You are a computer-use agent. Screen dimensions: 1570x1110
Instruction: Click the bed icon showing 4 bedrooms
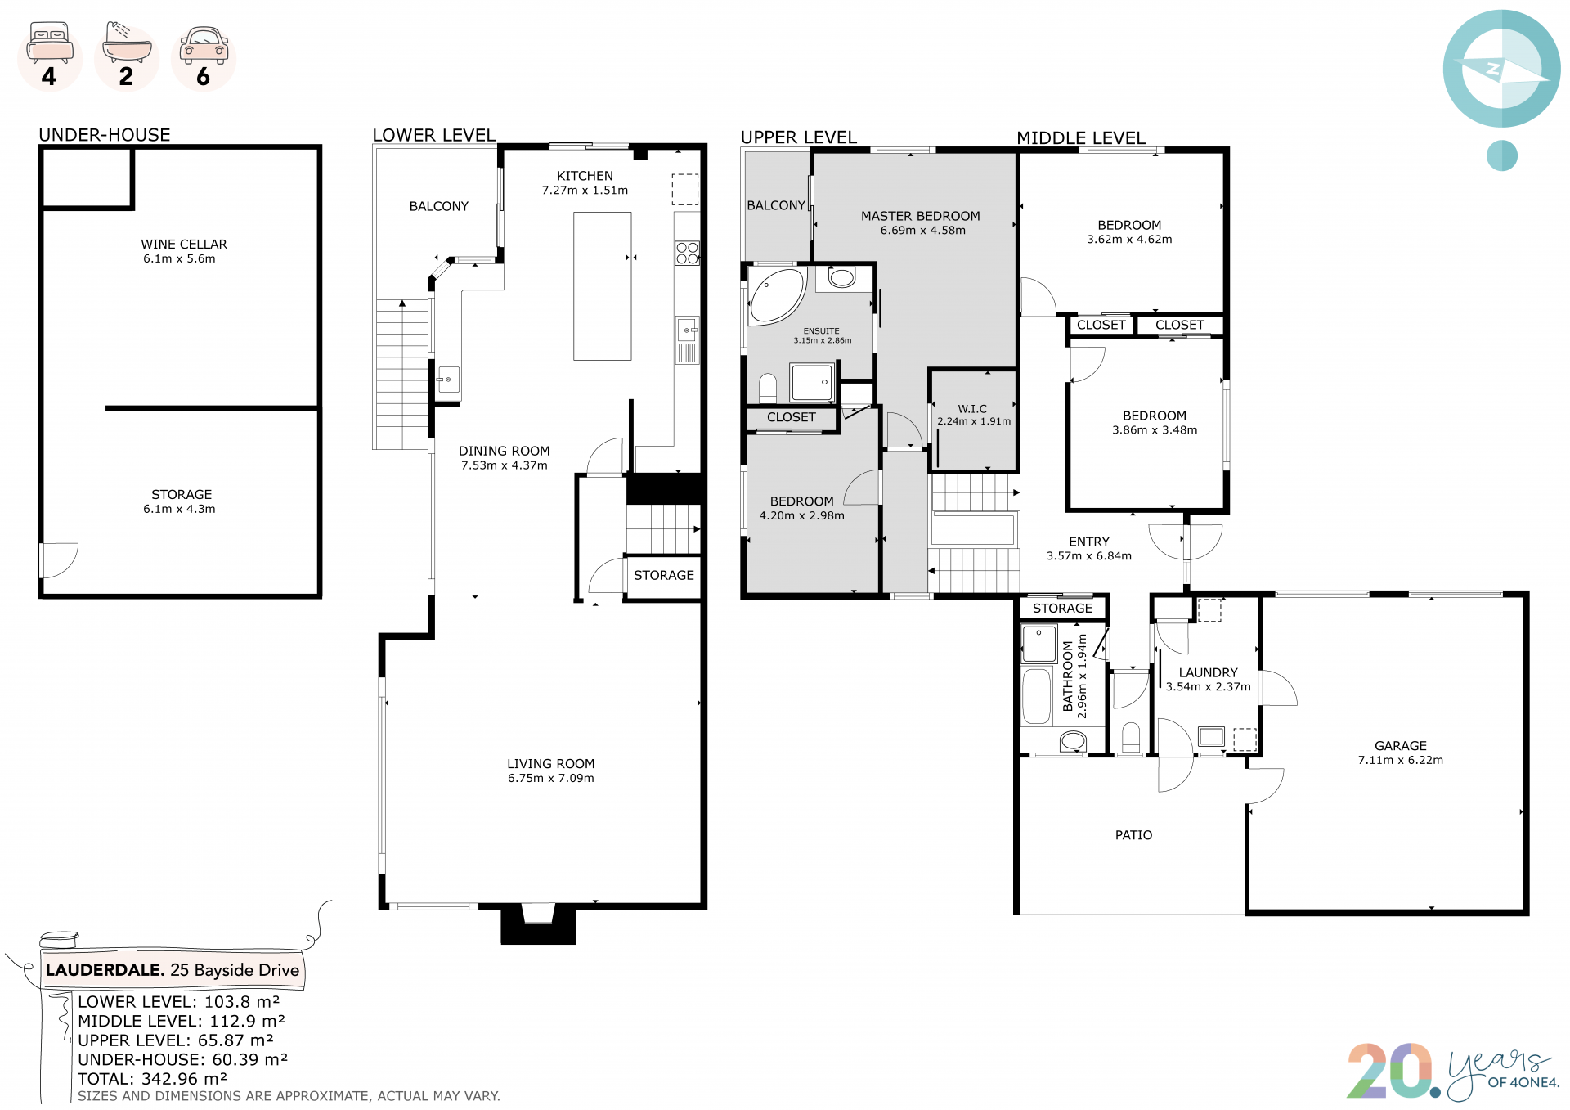click(x=50, y=43)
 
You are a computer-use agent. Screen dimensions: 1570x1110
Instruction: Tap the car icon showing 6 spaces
click(x=204, y=45)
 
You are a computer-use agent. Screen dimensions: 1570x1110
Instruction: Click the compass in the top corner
click(x=1502, y=69)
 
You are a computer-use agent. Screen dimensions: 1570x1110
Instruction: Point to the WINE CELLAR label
click(x=184, y=245)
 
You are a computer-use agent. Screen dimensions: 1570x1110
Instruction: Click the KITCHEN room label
click(x=585, y=176)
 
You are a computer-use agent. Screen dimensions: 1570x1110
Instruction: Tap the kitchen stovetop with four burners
click(x=687, y=253)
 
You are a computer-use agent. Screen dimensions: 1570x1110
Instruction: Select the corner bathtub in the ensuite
click(x=777, y=295)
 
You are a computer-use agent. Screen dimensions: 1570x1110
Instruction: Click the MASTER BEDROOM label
click(x=920, y=216)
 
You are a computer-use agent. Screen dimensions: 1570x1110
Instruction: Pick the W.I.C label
click(x=972, y=408)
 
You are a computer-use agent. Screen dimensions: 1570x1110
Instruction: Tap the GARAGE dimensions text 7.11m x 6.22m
click(x=1401, y=760)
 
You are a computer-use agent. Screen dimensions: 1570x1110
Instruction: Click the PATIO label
click(x=1133, y=835)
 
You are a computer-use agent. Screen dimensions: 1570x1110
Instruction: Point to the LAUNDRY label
click(x=1208, y=672)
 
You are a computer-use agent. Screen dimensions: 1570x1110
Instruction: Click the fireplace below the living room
click(x=538, y=924)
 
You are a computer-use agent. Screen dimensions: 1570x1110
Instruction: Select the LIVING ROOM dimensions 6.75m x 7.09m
click(x=551, y=778)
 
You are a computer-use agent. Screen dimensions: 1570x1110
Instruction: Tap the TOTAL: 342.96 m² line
click(x=153, y=1079)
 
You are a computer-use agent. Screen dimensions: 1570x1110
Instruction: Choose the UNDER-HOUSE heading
click(x=105, y=135)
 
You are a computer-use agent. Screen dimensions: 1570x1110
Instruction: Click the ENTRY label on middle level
click(x=1089, y=542)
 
